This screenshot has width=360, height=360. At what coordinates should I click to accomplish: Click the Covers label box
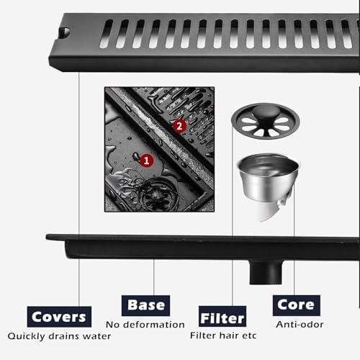pyautogui.click(x=60, y=316)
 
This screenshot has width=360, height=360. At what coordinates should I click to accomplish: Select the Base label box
pyautogui.click(x=146, y=305)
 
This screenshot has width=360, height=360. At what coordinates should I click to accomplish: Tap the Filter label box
pyautogui.click(x=222, y=317)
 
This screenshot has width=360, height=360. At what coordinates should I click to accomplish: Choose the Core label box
pyautogui.click(x=296, y=305)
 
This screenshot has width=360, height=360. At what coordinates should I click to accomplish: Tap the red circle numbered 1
pyautogui.click(x=145, y=161)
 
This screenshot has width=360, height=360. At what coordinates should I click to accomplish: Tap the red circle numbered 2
pyautogui.click(x=180, y=125)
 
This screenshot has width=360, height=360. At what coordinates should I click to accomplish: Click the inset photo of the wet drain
pyautogui.click(x=159, y=149)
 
